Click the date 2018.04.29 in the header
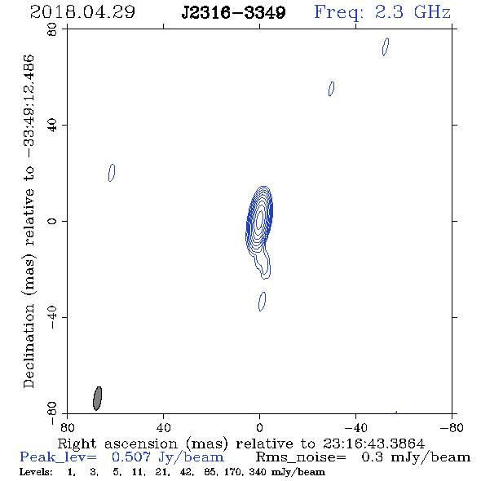point(82,12)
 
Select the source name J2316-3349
point(233,13)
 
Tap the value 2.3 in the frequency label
point(389,12)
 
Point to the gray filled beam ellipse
point(97,398)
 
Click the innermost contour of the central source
point(260,219)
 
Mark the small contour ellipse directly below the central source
point(263,302)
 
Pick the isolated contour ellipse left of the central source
point(112,173)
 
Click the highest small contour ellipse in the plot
point(386,46)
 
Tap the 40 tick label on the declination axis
point(52,126)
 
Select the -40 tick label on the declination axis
point(52,317)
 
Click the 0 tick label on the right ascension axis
point(259,427)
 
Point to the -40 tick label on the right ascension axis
point(355,427)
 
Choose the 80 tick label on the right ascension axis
point(67,427)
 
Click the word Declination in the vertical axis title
point(29,346)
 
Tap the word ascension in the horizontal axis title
point(141,443)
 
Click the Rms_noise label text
point(301,457)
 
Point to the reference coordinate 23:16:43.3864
point(373,443)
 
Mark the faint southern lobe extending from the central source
point(263,263)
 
